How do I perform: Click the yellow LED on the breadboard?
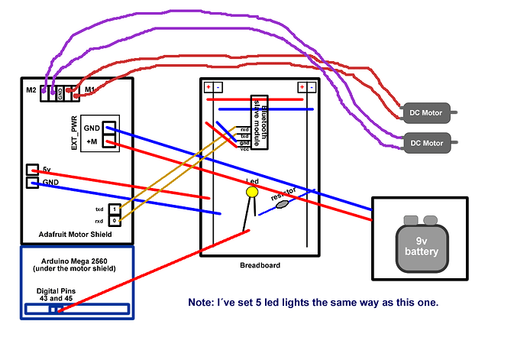(251, 193)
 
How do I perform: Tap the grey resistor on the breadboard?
(280, 204)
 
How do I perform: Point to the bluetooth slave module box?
(261, 122)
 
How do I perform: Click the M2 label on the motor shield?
(31, 91)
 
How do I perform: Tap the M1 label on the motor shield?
(90, 91)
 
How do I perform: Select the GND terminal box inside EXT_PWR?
(109, 128)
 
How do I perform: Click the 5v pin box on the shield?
(32, 170)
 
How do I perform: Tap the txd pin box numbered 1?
(114, 209)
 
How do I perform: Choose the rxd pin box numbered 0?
(114, 221)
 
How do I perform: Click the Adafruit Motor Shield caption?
(74, 235)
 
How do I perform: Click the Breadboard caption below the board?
(260, 265)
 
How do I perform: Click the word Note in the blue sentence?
(201, 303)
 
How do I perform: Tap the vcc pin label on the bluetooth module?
(244, 149)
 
